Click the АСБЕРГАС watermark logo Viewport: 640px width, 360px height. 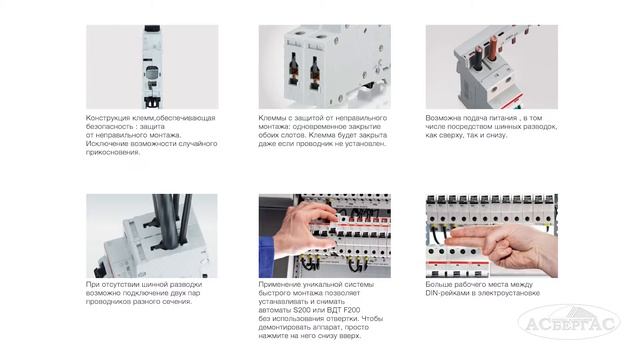click(569, 322)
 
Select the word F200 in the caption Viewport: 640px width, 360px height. click(352, 310)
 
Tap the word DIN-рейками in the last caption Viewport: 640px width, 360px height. click(446, 293)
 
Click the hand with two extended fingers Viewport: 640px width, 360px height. click(502, 245)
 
